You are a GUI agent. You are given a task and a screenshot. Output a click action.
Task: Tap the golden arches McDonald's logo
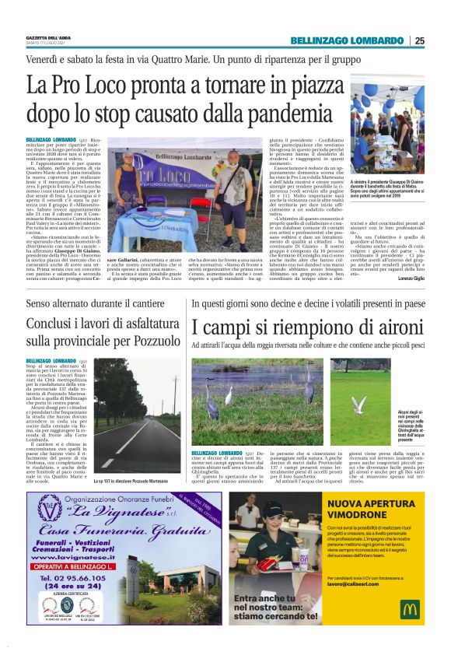(410, 608)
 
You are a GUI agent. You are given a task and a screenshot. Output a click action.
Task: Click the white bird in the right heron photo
(359, 405)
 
